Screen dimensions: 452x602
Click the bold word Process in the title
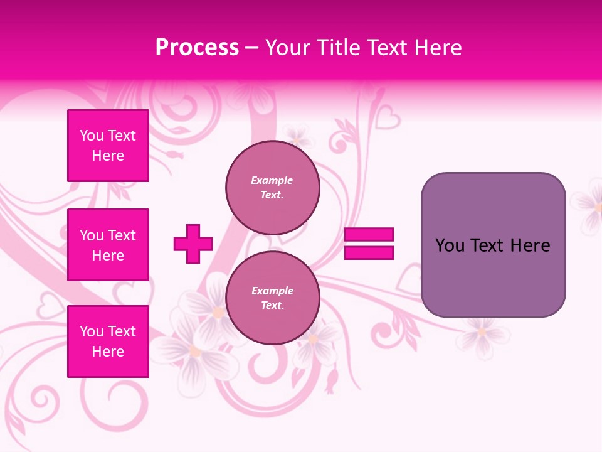click(x=197, y=48)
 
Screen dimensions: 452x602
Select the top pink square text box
click(x=108, y=146)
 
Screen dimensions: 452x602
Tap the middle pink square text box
click(x=108, y=245)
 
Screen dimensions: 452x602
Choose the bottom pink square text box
click(x=108, y=342)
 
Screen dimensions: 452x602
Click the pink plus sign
click(x=193, y=244)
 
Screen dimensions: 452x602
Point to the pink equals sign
click(x=369, y=244)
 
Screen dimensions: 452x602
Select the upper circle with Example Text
click(x=272, y=187)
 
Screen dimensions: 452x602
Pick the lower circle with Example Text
click(x=272, y=298)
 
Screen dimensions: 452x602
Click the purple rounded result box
click(x=493, y=245)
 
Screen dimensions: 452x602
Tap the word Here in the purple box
click(x=530, y=245)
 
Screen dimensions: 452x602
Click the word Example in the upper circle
click(x=272, y=180)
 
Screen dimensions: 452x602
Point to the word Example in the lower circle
click(x=272, y=291)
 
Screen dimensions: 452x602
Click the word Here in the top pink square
click(x=108, y=156)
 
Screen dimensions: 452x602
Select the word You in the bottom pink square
click(x=92, y=331)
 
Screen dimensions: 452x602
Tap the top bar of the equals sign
click(x=369, y=235)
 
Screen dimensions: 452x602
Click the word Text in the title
click(x=389, y=48)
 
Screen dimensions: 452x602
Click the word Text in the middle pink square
click(x=122, y=235)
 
